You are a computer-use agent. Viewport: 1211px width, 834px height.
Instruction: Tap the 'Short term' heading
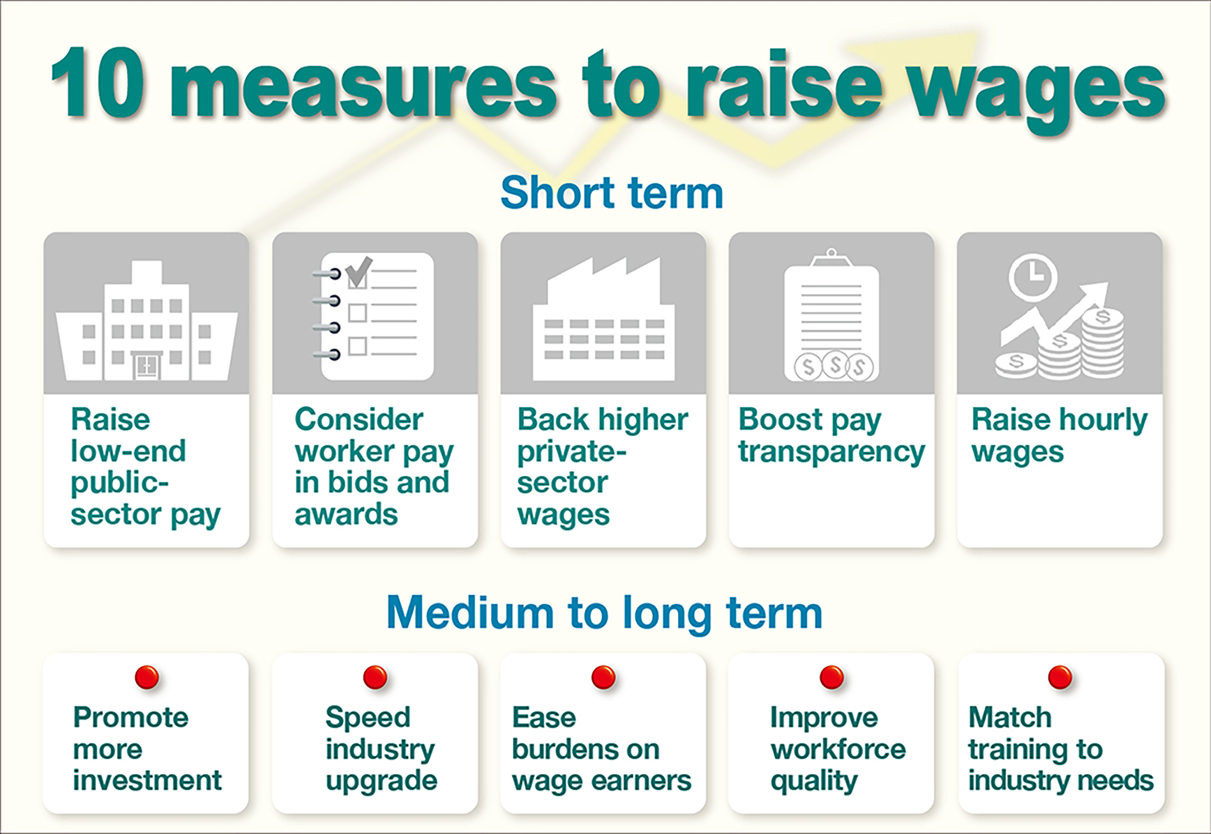point(612,192)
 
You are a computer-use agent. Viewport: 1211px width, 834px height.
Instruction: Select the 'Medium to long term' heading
point(605,613)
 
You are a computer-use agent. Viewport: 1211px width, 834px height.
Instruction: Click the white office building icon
point(146,320)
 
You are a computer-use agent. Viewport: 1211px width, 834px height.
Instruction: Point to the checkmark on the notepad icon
point(360,271)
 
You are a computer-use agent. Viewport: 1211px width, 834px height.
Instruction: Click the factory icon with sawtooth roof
point(604,319)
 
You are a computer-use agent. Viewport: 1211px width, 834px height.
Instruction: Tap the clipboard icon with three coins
point(832,314)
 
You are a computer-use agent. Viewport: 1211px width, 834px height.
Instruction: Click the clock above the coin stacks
point(1033,276)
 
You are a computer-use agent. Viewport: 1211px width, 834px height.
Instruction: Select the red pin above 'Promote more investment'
point(146,677)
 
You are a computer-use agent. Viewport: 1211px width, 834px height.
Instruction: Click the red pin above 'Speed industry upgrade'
point(375,677)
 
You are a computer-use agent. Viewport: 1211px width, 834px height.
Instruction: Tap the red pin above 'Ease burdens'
point(603,677)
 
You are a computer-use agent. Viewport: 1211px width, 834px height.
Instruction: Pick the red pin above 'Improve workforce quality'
point(832,677)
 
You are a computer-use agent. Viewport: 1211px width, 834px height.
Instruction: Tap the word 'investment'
point(147,780)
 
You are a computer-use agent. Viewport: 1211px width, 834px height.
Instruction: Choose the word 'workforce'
point(838,750)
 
